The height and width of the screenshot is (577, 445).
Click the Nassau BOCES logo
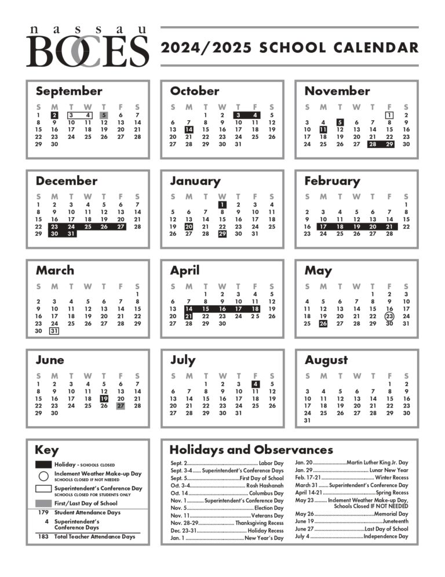point(87,47)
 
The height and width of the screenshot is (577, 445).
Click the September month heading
point(68,91)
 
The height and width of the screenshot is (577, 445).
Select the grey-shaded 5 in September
point(104,115)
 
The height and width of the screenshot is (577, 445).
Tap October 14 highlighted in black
point(189,129)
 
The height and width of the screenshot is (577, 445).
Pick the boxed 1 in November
point(389,115)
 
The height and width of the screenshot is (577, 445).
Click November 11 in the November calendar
point(323,129)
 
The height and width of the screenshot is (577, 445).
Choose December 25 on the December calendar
point(87,226)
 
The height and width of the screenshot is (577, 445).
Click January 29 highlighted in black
point(222,234)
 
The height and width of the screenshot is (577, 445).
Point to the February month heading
point(332,181)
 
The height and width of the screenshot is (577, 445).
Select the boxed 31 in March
point(54,331)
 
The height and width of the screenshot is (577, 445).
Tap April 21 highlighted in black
point(189,316)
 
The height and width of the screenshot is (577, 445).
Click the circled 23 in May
point(389,316)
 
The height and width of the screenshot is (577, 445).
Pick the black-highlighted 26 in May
point(323,324)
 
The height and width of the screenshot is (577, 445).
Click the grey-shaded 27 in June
point(121,406)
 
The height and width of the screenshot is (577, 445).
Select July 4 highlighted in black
point(255,384)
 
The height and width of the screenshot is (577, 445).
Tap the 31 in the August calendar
point(307,420)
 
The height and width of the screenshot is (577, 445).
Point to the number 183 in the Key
point(43,537)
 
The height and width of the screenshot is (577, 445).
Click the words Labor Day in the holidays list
point(271,463)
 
